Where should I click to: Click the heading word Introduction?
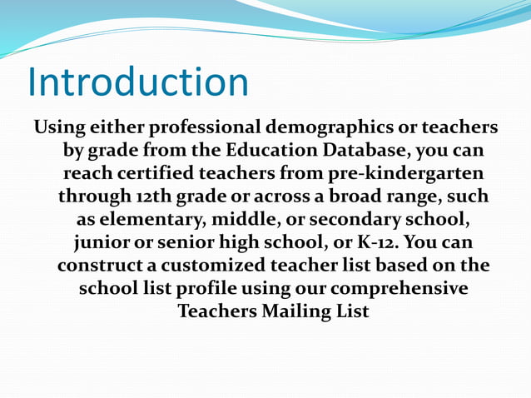pyautogui.click(x=138, y=82)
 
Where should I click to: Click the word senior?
pyautogui.click(x=178, y=246)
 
